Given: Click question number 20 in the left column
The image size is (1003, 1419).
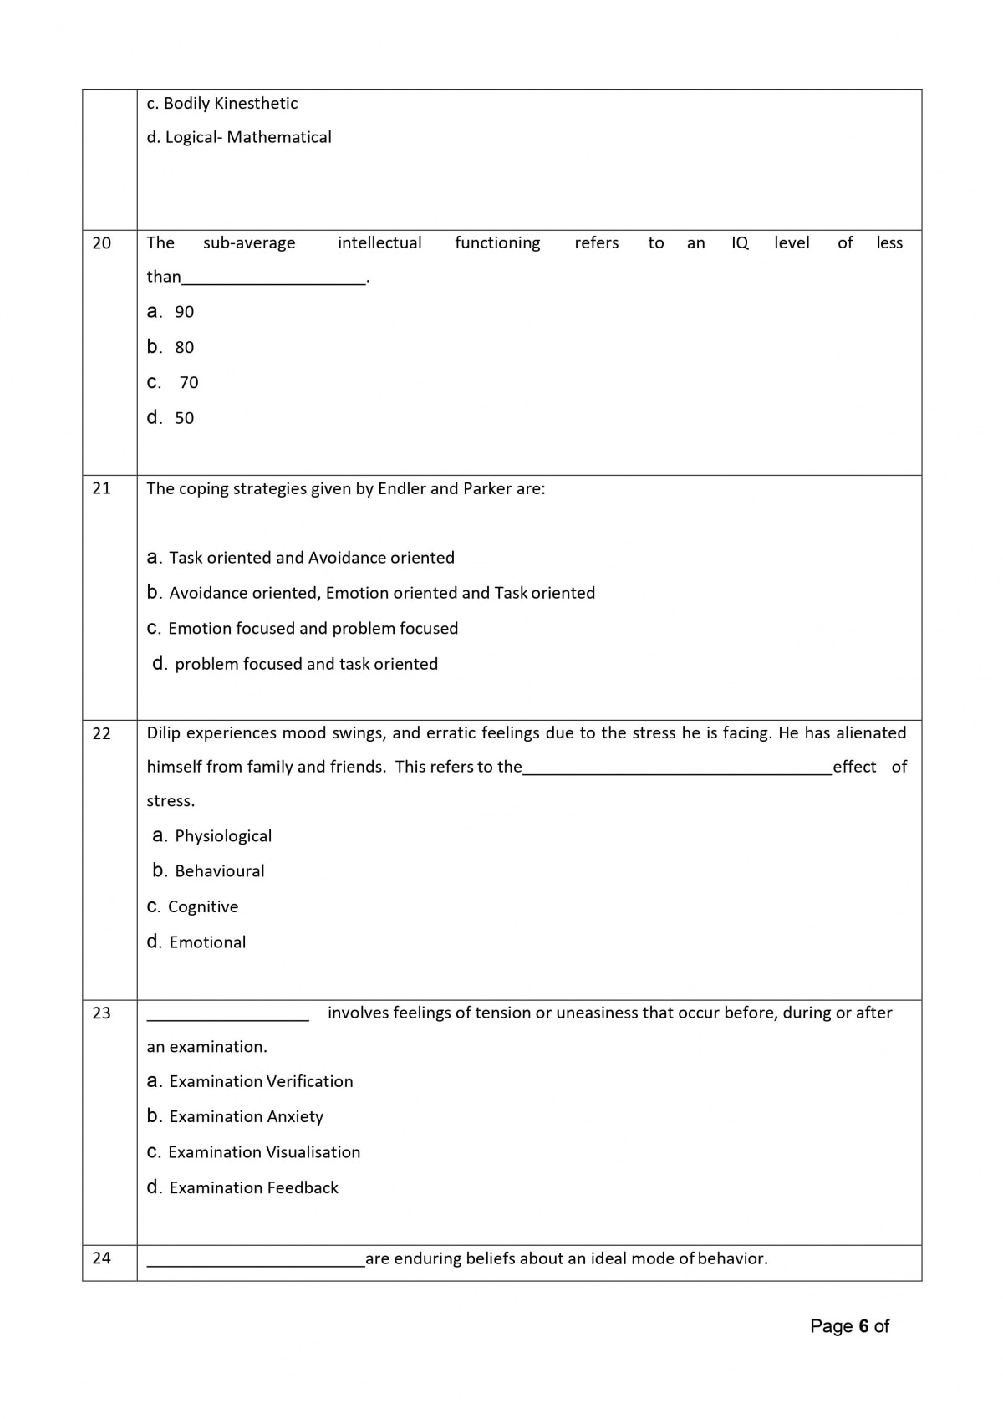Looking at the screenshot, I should pos(101,243).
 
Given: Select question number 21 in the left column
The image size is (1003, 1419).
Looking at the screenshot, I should pos(101,488).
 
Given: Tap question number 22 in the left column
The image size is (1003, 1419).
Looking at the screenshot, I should pos(101,733).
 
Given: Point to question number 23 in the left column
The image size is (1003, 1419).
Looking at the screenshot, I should pos(101,1013).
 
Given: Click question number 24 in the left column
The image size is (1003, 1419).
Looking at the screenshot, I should pos(101,1258).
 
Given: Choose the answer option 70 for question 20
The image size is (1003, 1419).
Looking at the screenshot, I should pos(189,383).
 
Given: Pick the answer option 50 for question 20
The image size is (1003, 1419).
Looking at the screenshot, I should pos(184,418).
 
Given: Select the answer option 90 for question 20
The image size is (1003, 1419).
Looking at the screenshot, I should pos(184,312).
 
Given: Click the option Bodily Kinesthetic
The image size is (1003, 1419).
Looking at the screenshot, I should pos(222,104).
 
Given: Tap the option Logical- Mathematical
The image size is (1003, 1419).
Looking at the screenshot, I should pos(239,137).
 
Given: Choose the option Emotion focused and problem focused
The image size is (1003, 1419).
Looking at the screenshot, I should pos(313,629).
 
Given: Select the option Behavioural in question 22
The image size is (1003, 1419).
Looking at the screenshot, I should pos(219,871).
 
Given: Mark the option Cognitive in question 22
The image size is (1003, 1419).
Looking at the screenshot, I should pos(203,907).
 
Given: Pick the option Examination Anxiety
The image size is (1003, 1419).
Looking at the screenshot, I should pos(246,1117).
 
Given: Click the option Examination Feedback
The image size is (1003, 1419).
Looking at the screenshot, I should pos(253,1188).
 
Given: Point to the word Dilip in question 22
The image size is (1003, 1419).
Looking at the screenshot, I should pos(164,733).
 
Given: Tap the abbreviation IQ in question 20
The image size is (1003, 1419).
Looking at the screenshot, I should pos(740,243).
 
